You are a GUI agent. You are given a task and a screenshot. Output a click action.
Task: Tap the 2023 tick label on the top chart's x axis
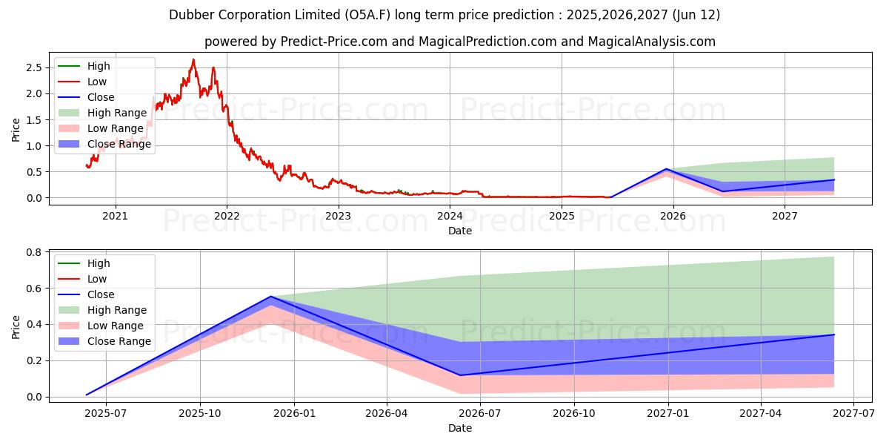click(339, 216)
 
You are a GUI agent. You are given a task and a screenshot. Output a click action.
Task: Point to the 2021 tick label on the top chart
click(115, 216)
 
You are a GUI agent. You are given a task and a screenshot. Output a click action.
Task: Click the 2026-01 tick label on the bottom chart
click(294, 414)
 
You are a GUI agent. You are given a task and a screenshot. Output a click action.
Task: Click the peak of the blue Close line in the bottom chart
click(271, 297)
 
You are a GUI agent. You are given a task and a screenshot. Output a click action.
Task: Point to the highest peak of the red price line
click(193, 60)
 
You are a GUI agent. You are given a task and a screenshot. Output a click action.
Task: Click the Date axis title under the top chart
click(460, 231)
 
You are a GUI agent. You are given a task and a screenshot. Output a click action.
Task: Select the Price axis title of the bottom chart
click(16, 326)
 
